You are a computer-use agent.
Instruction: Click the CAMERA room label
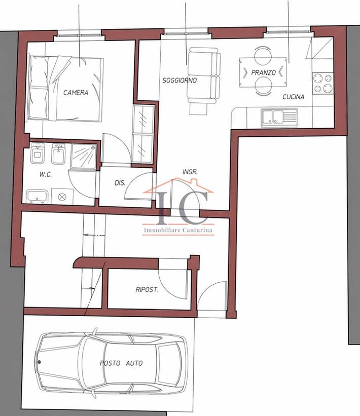76,93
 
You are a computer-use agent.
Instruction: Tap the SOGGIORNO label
179,80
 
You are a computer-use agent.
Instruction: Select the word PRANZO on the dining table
264,72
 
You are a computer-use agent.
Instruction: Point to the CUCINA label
294,97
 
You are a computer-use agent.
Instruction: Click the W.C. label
46,174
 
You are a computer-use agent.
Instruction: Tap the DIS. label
120,183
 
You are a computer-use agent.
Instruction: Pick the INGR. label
190,172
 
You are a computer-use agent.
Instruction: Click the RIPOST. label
147,289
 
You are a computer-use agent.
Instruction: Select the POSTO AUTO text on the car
121,363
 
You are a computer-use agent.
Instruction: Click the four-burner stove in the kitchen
323,83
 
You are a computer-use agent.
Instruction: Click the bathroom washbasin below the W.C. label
37,196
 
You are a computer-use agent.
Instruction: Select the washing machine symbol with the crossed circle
62,197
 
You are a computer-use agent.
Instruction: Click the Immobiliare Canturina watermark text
178,230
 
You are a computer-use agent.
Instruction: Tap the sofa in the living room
204,75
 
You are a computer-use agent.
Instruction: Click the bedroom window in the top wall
80,33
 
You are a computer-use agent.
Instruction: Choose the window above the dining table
289,30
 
